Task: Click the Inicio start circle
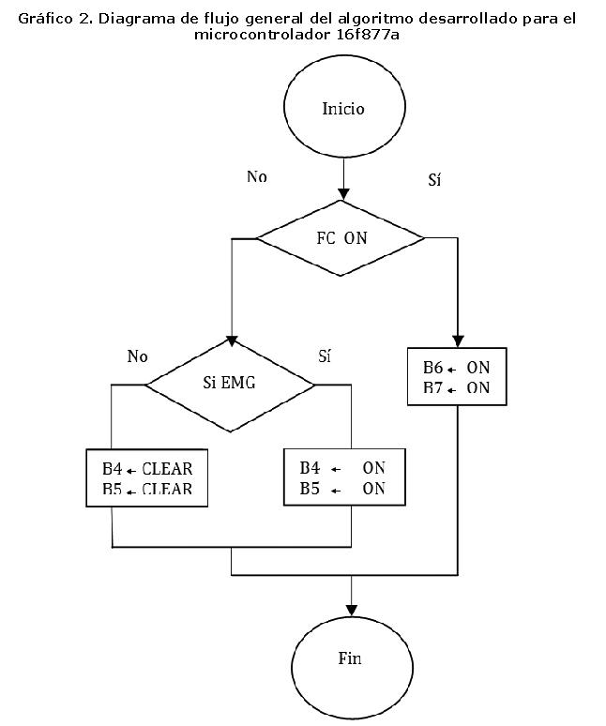point(343,109)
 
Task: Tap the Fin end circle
point(349,658)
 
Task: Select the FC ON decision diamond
point(341,238)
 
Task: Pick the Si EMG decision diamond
point(230,383)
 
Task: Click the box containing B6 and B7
point(457,377)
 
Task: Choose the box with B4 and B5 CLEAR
point(145,477)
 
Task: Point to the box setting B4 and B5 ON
point(341,477)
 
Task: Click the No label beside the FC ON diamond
point(256,176)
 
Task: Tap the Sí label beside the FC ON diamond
point(433,180)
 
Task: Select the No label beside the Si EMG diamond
point(137,356)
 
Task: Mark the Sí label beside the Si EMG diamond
point(325,356)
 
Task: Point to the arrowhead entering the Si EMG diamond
point(231,341)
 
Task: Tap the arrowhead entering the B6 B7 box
point(458,342)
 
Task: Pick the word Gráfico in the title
point(45,18)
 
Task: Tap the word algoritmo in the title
point(371,18)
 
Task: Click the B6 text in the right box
point(432,368)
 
